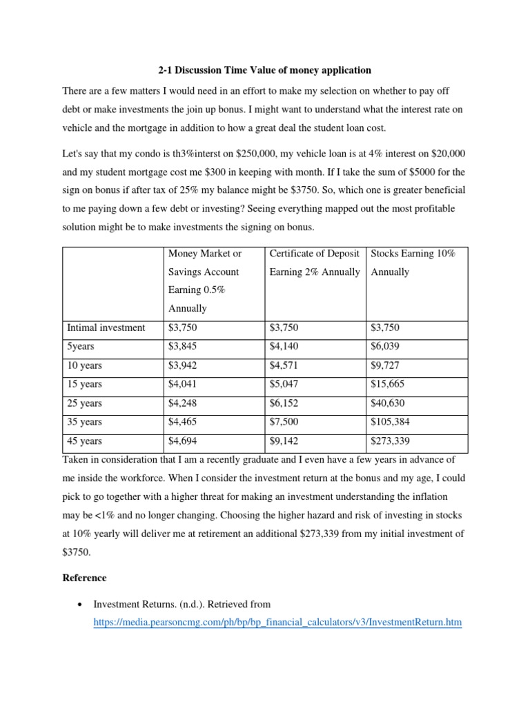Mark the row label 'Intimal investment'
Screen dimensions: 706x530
click(x=106, y=327)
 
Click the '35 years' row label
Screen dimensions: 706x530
click(x=84, y=422)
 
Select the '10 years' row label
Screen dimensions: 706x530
click(x=84, y=365)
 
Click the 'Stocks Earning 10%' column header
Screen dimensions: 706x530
click(x=413, y=254)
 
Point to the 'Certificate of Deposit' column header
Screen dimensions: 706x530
click(x=315, y=254)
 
